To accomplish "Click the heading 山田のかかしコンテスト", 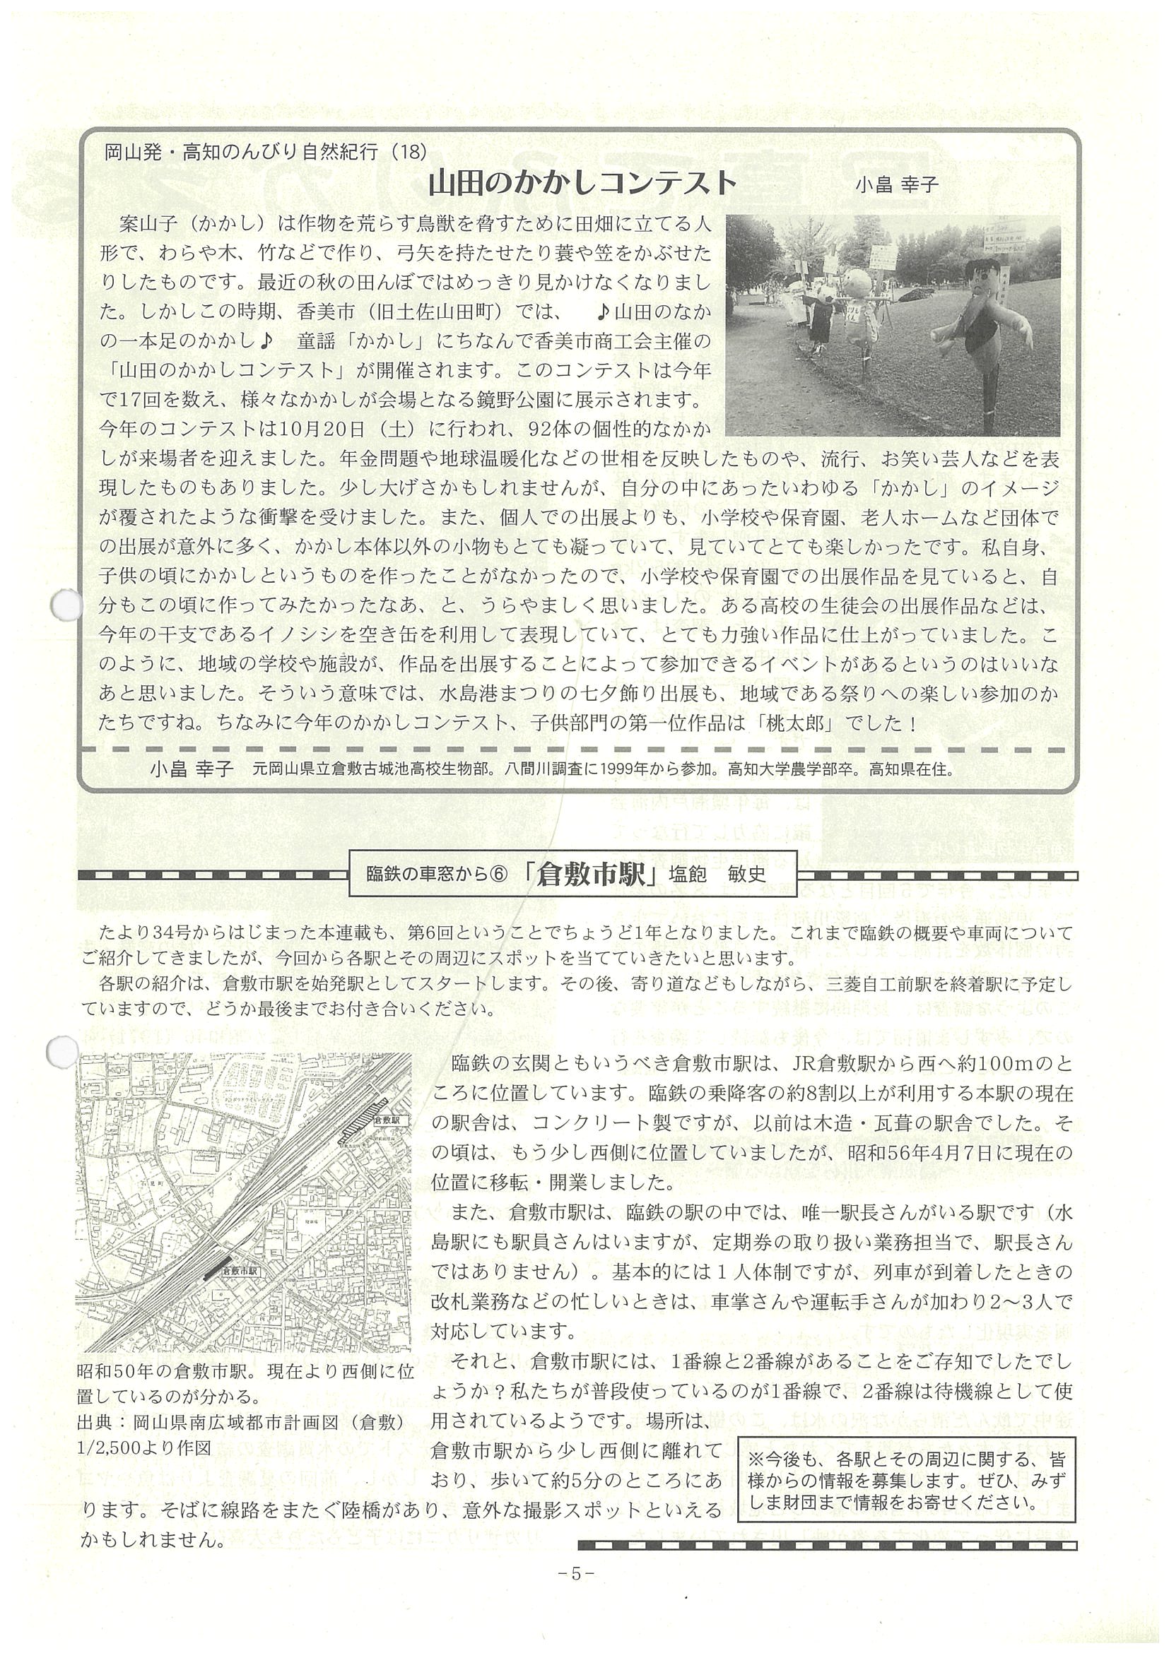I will coord(582,184).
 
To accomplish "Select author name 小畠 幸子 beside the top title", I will coord(897,186).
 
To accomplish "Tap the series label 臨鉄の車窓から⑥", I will coord(437,875).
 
